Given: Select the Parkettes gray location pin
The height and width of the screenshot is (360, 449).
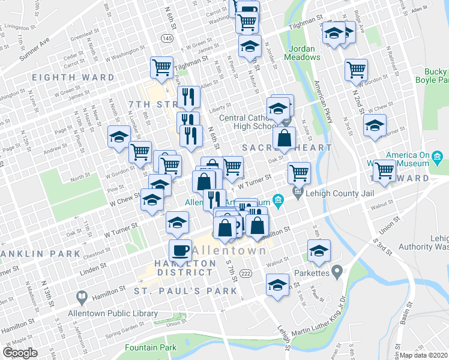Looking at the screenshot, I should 337,272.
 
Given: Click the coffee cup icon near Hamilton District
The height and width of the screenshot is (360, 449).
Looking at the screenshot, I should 179,249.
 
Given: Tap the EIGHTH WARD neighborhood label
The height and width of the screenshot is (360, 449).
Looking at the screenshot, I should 73,77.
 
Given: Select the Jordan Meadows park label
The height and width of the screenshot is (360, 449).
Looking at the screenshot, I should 304,53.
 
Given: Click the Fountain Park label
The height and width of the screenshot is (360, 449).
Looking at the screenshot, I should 151,347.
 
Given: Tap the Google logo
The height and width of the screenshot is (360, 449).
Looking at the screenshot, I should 20,353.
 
